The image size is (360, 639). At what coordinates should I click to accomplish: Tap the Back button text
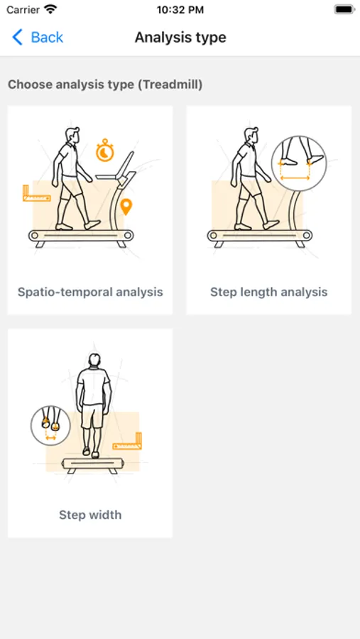coord(47,38)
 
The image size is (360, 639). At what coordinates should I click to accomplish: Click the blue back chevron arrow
coord(17,38)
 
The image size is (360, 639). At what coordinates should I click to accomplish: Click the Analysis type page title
coord(180,38)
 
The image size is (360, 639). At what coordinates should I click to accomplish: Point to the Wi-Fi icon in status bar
coord(50,9)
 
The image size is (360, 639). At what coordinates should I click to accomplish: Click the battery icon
coord(344,9)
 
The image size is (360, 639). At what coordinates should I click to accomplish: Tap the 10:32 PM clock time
coord(180,10)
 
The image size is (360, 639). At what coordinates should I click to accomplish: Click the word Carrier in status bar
coord(23,10)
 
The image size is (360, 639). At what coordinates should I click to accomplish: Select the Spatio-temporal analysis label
coord(90,293)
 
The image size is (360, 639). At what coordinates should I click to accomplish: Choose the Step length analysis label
coord(268,293)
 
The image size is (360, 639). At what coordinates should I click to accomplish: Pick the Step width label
coord(90,515)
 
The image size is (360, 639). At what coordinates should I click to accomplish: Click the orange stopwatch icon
coord(105,150)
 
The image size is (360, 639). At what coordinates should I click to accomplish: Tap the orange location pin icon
coord(127,207)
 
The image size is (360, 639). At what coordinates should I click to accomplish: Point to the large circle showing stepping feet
coord(299,163)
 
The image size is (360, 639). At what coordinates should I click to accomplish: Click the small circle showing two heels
coord(50,425)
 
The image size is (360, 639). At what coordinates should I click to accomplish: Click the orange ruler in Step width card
coord(128,442)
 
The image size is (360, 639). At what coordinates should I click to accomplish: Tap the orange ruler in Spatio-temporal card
coord(36,193)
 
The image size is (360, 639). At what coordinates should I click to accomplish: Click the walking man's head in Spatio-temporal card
coord(72,136)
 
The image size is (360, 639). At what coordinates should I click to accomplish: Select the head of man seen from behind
coord(94,360)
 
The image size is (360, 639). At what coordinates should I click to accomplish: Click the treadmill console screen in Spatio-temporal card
coord(126,164)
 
